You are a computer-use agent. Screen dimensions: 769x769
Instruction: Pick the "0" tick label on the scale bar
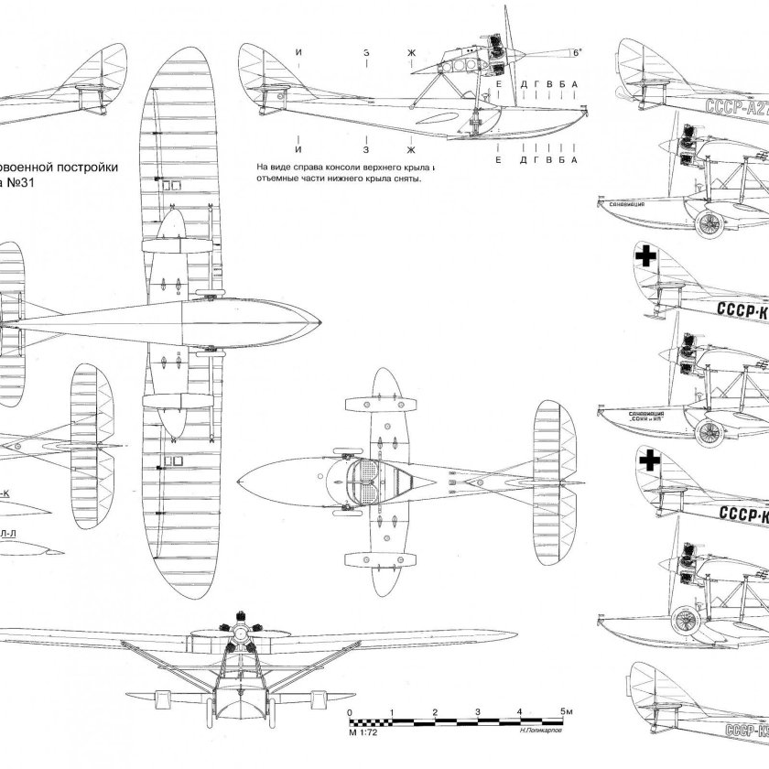pyautogui.click(x=349, y=711)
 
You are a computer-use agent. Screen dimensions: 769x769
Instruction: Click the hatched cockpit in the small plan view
pyautogui.click(x=369, y=480)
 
